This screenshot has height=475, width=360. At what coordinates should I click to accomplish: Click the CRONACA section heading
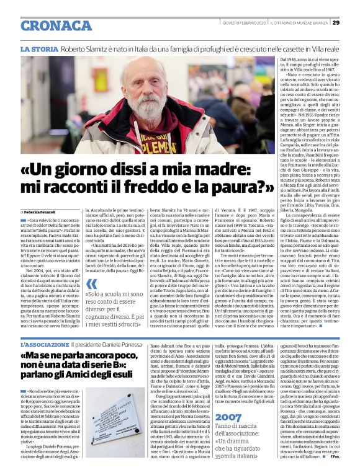[56, 25]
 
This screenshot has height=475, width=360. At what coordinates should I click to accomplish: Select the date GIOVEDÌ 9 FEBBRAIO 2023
[246, 23]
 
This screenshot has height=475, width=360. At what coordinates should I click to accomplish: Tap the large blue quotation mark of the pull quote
[92, 283]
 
